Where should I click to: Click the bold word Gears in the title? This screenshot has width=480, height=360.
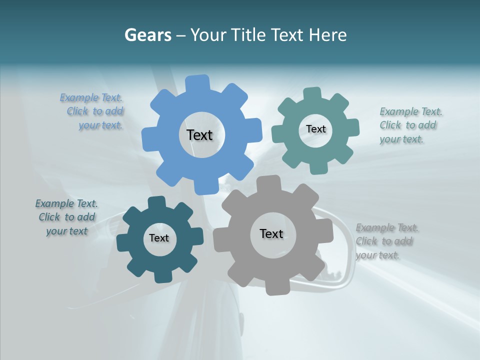[x=148, y=35]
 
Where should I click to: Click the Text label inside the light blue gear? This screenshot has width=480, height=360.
[x=199, y=135]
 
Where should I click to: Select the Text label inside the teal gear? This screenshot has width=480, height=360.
[x=315, y=129]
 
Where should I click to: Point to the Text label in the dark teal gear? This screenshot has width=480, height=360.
[x=159, y=238]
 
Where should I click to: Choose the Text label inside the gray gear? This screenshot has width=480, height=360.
[x=271, y=233]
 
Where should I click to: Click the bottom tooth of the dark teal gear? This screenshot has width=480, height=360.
[x=162, y=276]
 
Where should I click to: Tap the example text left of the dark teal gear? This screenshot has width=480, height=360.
[x=67, y=217]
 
